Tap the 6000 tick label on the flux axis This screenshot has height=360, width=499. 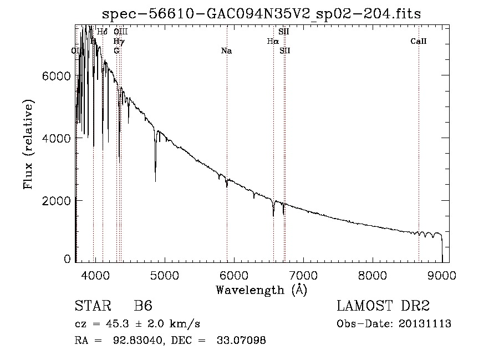[x=57, y=75]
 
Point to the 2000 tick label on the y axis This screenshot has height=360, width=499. [x=57, y=200]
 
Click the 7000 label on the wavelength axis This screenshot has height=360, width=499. [x=304, y=275]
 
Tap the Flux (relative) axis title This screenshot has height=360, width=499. [x=28, y=144]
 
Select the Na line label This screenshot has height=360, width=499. [x=226, y=51]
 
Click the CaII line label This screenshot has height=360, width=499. [x=419, y=41]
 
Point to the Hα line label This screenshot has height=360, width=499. [x=272, y=41]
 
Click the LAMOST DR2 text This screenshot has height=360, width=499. [x=383, y=306]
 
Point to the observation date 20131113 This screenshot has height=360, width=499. [x=425, y=324]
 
